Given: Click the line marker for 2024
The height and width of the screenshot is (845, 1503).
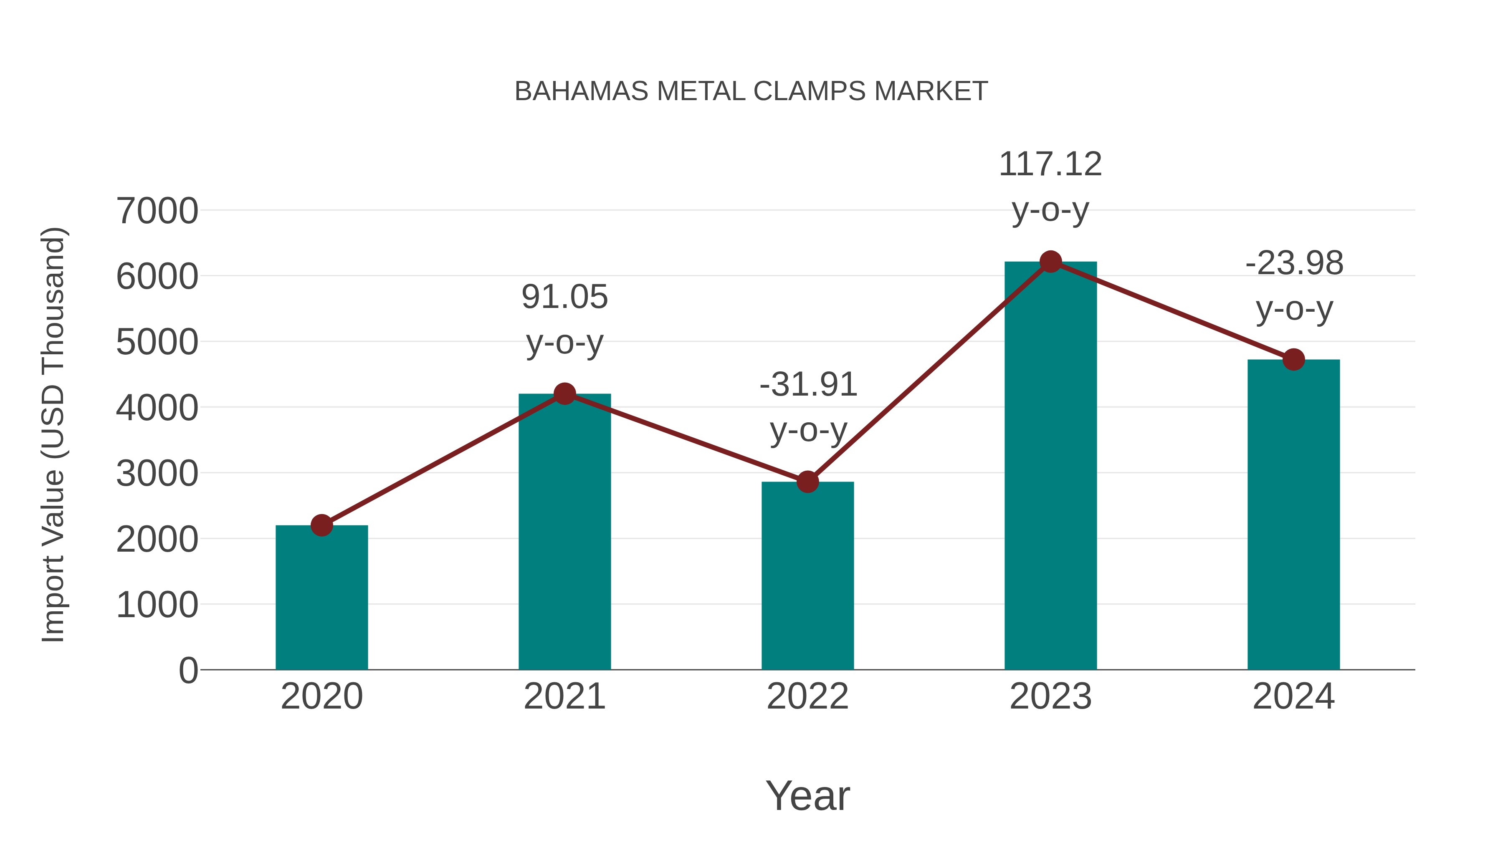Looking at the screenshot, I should (x=1293, y=359).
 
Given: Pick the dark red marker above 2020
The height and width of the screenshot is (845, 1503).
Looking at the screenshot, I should (x=321, y=525).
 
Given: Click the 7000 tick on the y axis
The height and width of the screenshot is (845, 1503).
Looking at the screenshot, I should (x=157, y=211).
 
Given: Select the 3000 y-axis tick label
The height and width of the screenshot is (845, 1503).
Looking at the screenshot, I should (x=157, y=474).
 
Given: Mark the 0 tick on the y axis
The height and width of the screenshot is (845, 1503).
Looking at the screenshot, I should (x=188, y=671).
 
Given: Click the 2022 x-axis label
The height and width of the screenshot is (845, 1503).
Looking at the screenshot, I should (x=807, y=696).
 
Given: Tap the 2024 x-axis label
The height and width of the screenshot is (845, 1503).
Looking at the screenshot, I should (x=1293, y=696).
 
